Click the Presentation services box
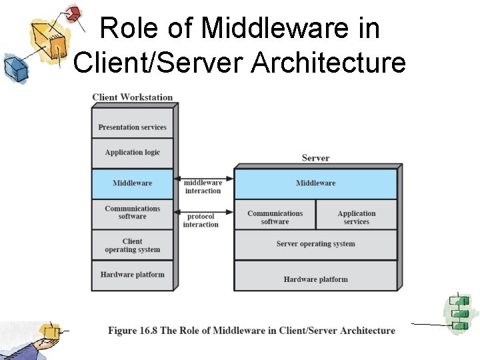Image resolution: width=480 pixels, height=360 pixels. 132,127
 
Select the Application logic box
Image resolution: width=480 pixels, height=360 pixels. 132,153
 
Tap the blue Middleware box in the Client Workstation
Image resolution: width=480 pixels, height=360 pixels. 132,183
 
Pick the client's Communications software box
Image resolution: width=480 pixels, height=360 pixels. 132,213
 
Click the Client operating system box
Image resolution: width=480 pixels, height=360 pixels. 132,245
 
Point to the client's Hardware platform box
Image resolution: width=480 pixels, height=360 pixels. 132,275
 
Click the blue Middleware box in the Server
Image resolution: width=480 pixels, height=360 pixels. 315,183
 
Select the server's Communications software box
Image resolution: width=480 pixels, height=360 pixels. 275,217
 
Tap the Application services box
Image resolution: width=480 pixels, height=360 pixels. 356,217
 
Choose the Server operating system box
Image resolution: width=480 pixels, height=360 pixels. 315,244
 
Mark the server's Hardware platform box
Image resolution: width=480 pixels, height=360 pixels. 315,279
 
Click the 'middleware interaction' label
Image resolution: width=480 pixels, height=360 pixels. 203,187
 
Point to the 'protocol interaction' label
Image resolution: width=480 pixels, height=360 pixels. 201,221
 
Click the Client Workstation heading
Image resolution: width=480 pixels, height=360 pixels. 132,97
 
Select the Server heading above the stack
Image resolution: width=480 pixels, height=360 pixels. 315,158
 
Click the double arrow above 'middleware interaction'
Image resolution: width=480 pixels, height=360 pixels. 203,178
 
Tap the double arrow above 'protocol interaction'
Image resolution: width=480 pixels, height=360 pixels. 203,212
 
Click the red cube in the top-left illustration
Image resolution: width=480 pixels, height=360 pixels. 73,13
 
